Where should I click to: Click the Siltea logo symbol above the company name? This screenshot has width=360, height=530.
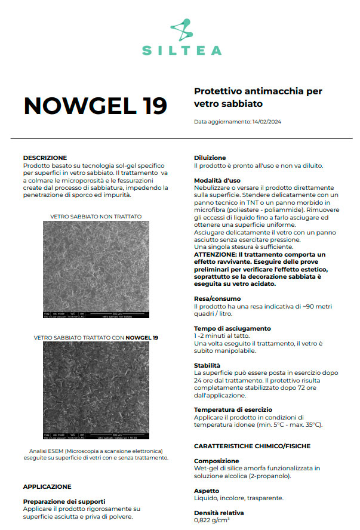181,30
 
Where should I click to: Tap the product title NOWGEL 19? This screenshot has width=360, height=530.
95,105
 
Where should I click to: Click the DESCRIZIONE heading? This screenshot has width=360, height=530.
45,158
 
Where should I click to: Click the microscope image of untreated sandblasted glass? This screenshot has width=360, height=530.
96,269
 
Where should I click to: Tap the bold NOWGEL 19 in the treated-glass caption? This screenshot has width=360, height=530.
142,338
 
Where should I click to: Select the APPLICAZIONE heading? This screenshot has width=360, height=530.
47,486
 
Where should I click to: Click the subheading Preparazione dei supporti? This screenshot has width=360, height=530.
64,501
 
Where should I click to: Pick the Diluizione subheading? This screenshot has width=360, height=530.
210,158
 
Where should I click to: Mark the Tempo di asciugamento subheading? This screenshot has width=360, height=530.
232,328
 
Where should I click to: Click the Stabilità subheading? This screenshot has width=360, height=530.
207,365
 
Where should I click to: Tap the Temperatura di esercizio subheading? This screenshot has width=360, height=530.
233,409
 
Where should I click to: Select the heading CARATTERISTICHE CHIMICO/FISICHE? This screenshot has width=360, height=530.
252,446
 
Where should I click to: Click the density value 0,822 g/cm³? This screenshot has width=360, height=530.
211,520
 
